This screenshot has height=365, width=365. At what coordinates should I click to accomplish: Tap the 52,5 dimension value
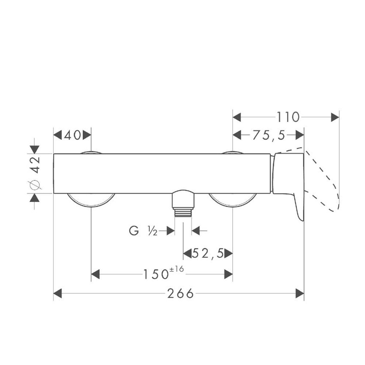coord(208,254)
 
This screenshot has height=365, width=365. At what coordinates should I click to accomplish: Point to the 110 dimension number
coord(287,117)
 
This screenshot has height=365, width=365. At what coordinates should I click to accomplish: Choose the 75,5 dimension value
coord(268,135)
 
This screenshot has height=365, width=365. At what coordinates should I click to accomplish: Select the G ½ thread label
coord(142,231)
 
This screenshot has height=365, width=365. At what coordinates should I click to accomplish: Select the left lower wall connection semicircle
coord(91,200)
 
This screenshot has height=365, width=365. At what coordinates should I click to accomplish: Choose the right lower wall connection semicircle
coord(232,200)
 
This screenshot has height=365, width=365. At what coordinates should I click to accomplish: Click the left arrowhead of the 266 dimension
coord(58,294)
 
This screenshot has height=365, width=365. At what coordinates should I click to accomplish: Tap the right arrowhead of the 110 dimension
coord(335,117)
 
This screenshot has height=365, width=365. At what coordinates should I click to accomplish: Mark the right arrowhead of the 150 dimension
coord(228,274)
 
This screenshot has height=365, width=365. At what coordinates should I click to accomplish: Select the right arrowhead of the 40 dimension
coord(87,135)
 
